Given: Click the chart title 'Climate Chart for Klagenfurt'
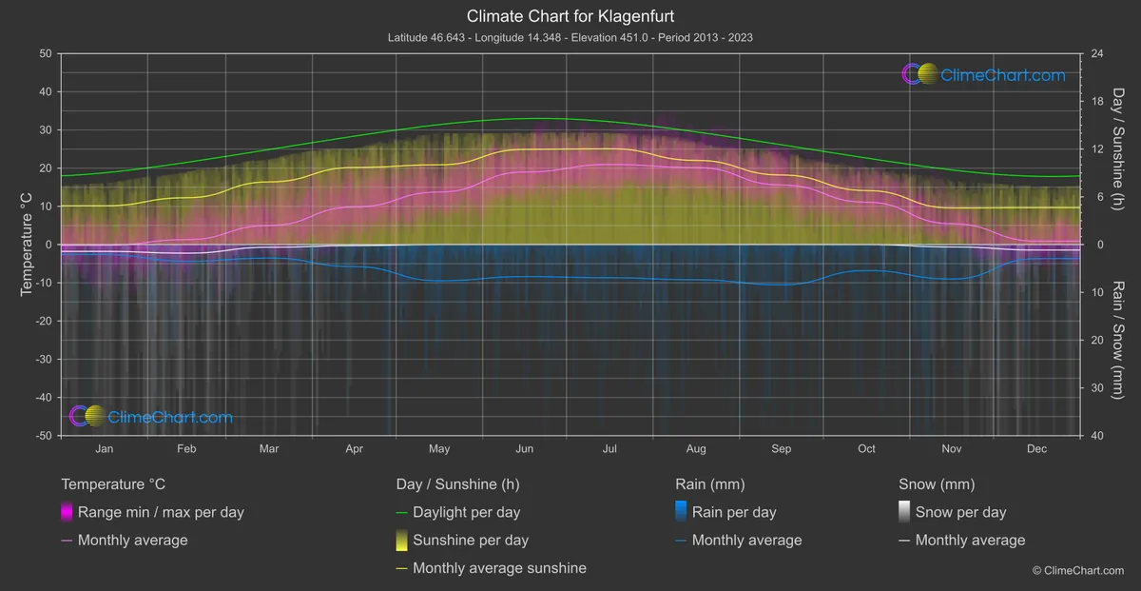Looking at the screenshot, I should tap(570, 16).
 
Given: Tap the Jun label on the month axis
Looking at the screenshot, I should tap(524, 448).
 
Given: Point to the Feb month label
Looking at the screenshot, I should tap(186, 448).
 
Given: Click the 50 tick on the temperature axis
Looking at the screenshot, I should tap(44, 53).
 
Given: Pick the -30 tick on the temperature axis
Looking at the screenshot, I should tap(41, 359).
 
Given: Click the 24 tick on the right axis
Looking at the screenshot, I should tap(1096, 53).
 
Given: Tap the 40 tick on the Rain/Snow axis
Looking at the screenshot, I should tap(1096, 435).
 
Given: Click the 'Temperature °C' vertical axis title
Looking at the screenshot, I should tap(28, 245).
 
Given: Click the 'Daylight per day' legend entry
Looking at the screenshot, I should tap(466, 512).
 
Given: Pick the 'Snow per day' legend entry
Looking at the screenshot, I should tap(960, 512).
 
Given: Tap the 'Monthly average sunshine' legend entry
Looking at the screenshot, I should tap(499, 568).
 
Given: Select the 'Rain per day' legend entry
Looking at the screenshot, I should tap(734, 512).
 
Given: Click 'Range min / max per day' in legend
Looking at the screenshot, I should tap(161, 512).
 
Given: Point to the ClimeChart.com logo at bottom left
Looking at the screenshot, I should tap(151, 417).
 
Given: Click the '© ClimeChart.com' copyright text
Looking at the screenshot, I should tap(1077, 570).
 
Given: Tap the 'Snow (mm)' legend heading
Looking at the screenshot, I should tap(937, 484).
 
